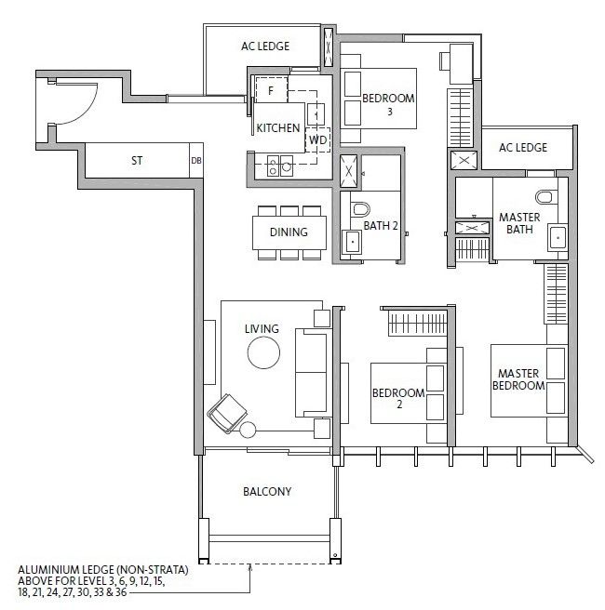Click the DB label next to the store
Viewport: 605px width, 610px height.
tap(196, 160)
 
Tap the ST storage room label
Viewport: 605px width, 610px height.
tap(137, 160)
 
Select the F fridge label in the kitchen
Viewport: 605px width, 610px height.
tap(271, 90)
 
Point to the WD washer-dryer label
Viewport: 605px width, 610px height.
tap(317, 139)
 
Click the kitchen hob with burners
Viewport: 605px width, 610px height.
tap(280, 166)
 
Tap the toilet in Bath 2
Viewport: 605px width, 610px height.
tap(361, 209)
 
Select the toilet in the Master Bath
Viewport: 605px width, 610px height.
tap(544, 197)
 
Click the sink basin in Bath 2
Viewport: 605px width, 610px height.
tap(352, 242)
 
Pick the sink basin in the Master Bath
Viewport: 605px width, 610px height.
tap(558, 237)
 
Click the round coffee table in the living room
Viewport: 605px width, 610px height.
tap(263, 352)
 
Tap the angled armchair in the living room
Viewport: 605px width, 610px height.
tap(227, 413)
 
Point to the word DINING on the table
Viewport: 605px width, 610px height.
tap(289, 232)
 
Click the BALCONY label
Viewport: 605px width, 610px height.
tap(267, 491)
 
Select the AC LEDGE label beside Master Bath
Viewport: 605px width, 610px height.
tap(523, 148)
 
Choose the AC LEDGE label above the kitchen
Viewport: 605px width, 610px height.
tap(265, 46)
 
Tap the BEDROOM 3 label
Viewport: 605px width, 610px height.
tap(388, 104)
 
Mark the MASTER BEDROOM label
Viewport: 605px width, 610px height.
tap(518, 379)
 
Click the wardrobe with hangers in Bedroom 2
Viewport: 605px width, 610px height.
tap(417, 323)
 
